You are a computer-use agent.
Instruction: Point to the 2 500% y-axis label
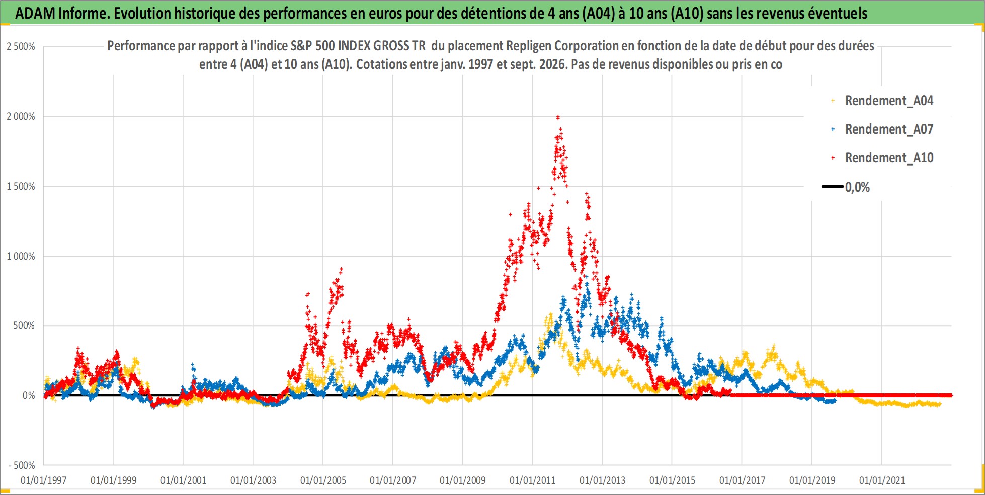21,47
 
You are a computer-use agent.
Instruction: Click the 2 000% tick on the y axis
21,116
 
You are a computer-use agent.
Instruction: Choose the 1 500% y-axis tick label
21,186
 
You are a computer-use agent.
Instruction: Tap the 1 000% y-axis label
21,256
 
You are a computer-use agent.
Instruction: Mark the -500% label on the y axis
22,465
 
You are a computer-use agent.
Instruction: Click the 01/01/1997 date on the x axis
43,480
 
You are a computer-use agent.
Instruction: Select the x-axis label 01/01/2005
323,480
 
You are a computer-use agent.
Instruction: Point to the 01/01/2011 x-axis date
532,480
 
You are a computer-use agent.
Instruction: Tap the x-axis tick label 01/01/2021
882,480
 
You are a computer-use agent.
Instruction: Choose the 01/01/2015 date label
672,480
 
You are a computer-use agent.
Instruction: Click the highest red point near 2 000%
558,117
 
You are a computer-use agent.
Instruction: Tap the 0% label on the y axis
29,396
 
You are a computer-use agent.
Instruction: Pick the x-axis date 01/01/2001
183,480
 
